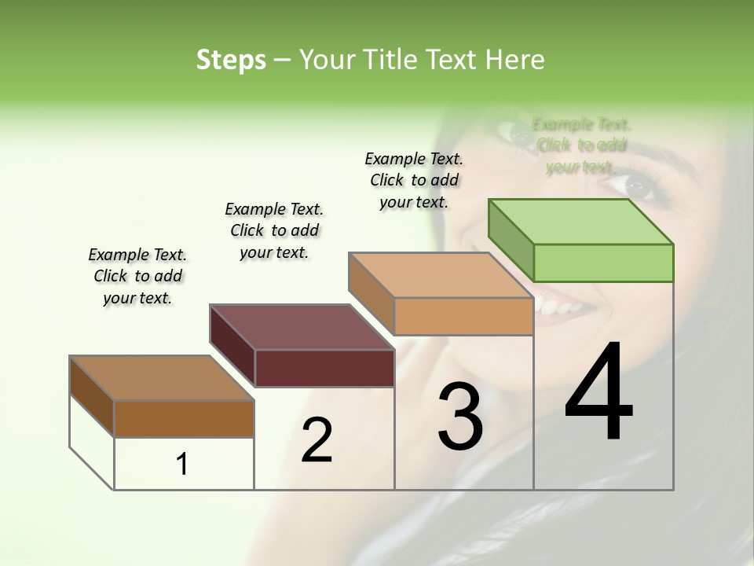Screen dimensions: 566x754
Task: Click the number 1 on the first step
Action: tap(182, 464)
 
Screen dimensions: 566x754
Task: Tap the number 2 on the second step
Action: tap(317, 440)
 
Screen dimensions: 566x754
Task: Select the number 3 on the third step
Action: tap(460, 417)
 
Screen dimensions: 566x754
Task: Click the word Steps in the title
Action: tap(231, 60)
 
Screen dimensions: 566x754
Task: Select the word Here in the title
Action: tap(514, 60)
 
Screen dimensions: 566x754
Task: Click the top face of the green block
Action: tap(581, 222)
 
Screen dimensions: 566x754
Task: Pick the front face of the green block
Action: tap(603, 263)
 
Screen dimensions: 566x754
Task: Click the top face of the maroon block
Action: tap(302, 327)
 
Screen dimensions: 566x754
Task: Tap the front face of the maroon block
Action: tap(324, 368)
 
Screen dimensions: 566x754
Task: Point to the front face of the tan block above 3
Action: tap(463, 316)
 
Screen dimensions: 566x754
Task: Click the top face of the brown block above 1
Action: tap(163, 378)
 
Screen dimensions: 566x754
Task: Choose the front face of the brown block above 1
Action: tap(184, 418)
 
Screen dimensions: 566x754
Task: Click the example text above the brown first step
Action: tap(137, 276)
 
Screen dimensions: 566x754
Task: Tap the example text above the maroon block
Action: tap(274, 230)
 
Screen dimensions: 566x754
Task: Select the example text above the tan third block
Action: tap(414, 180)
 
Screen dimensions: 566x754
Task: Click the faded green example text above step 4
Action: tap(581, 145)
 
